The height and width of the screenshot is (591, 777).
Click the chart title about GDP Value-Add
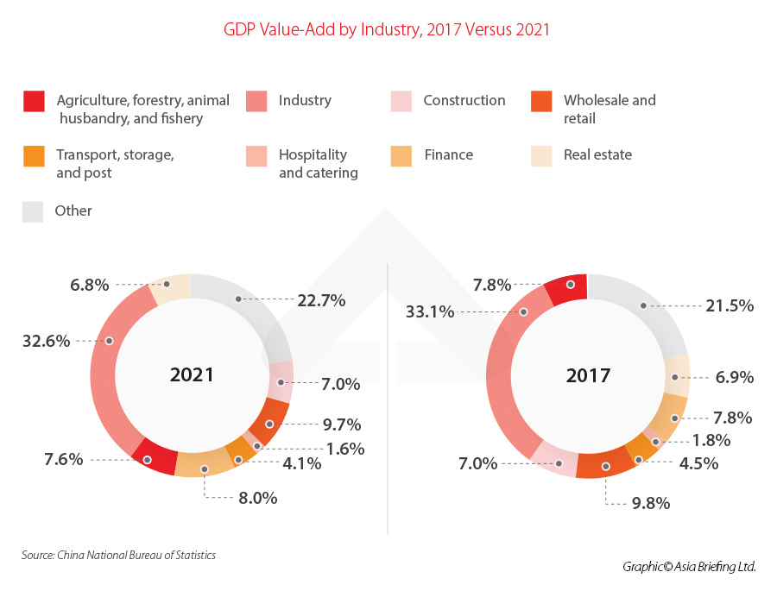(x=387, y=29)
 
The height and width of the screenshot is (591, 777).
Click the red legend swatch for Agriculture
(x=34, y=101)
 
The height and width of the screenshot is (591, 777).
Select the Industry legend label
(x=305, y=100)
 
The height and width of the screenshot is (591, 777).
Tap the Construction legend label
(x=464, y=100)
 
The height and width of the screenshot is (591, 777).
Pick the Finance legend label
(x=448, y=155)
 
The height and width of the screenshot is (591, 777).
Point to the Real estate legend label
(x=597, y=154)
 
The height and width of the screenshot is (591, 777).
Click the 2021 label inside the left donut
(x=192, y=375)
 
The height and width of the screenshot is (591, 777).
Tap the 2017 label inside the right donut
(x=588, y=376)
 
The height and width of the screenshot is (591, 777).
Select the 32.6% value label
(x=46, y=341)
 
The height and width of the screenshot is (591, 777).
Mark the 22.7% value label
(x=322, y=300)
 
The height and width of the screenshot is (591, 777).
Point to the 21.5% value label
(x=730, y=305)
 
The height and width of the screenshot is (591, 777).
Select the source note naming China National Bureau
(x=118, y=555)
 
